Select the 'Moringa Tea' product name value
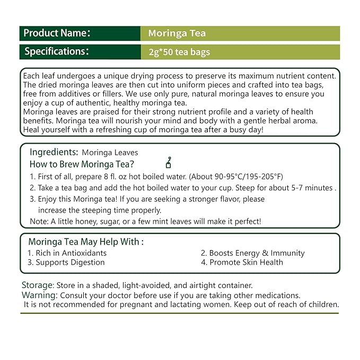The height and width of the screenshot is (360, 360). click(177, 34)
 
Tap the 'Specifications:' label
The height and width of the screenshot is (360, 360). click(56, 52)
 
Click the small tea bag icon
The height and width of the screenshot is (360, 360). click(169, 163)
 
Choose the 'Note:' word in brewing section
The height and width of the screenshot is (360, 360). click(39, 221)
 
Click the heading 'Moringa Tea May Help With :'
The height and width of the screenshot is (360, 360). click(86, 242)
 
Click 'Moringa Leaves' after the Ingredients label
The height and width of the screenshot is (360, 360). click(113, 153)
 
